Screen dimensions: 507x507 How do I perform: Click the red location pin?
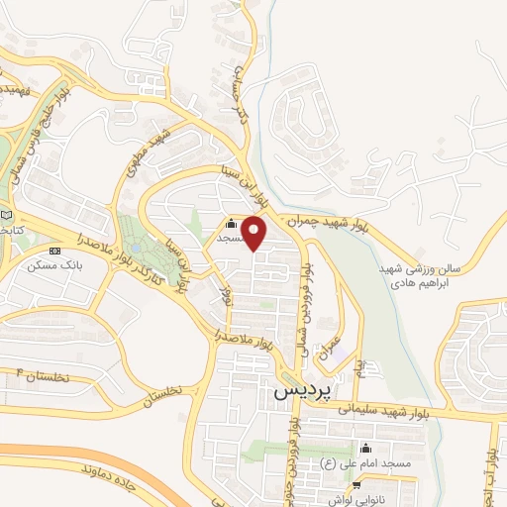(x=255, y=234)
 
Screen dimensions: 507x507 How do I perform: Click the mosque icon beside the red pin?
(x=231, y=222)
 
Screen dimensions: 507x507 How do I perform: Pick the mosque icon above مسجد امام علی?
(x=365, y=449)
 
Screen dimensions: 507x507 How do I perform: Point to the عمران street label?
(x=332, y=347)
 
